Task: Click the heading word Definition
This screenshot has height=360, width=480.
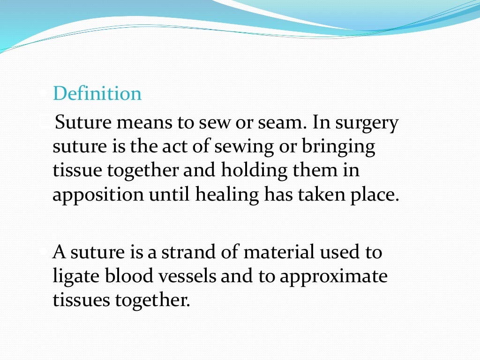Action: coord(97,94)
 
